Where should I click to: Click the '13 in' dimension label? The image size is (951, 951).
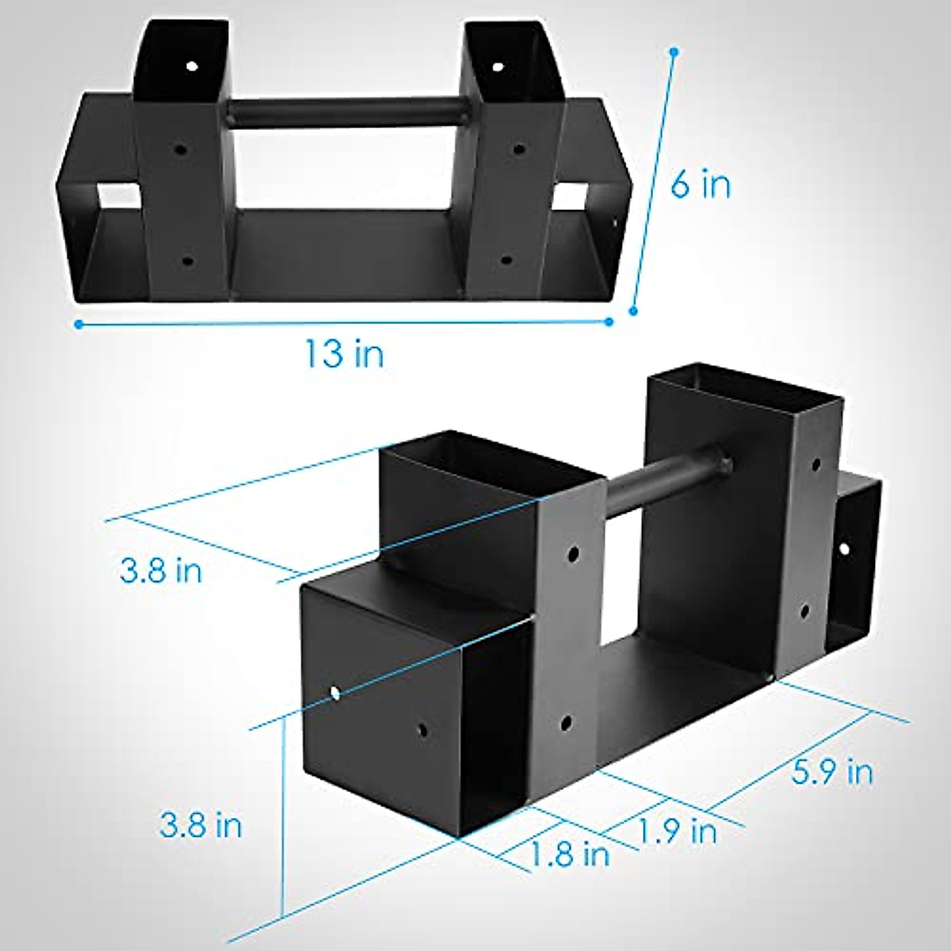click(x=345, y=353)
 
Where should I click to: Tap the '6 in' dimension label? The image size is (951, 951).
click(x=701, y=185)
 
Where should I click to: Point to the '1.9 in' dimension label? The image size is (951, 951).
click(x=678, y=831)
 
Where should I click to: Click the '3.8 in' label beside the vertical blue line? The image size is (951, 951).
click(x=201, y=825)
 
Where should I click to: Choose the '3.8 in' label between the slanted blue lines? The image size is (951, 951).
click(x=161, y=570)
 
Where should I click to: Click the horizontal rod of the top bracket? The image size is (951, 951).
click(x=346, y=112)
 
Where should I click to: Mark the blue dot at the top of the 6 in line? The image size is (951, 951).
click(x=674, y=52)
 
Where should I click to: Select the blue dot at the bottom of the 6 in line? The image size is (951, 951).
click(x=633, y=311)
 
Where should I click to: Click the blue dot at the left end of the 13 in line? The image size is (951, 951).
click(x=78, y=323)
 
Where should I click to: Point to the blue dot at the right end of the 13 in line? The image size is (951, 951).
click(x=609, y=322)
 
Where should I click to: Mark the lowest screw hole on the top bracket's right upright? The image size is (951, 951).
click(x=508, y=259)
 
